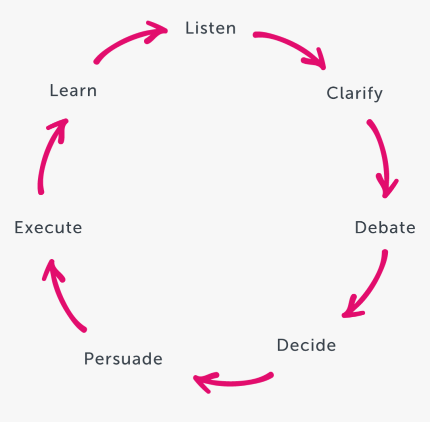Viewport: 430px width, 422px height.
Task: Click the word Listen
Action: pos(210,28)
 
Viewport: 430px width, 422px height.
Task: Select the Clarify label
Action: pos(354,93)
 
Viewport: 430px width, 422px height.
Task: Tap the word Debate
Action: pos(385,227)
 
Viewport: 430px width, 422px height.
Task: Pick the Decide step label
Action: pos(306,345)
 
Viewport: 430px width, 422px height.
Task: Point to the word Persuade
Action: pos(123,359)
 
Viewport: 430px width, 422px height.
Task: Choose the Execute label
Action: pos(48,227)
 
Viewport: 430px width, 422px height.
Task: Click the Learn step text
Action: pos(73,90)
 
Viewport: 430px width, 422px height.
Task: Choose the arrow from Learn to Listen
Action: pos(130,40)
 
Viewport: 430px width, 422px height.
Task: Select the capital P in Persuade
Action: pos(88,359)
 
